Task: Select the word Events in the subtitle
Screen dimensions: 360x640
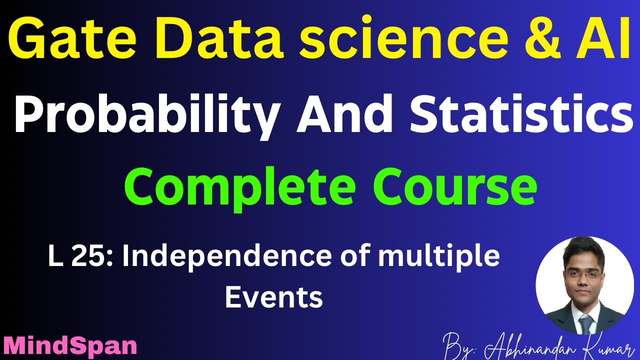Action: (273, 297)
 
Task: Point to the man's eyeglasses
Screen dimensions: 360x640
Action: (583, 274)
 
